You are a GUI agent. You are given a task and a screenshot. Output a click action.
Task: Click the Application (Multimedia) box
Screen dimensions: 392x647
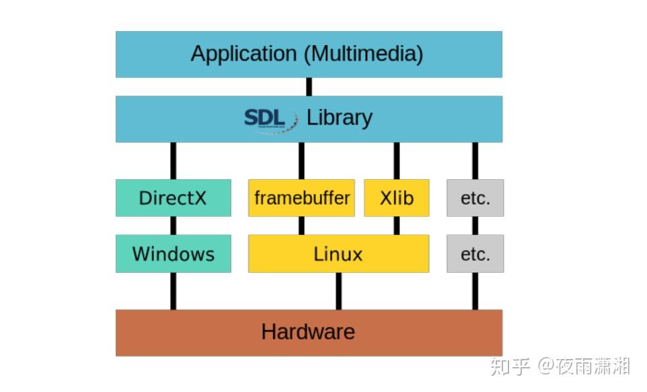pos(309,54)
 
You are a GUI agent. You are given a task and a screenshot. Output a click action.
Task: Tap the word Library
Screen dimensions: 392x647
pos(340,118)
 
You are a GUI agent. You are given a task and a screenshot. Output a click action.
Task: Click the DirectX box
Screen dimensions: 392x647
pos(173,198)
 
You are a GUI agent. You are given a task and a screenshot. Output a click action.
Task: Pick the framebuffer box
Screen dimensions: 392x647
pos(301,198)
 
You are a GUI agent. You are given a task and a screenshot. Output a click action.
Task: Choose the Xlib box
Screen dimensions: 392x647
pos(396,198)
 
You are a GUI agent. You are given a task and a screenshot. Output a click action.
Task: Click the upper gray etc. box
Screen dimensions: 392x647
pos(475,198)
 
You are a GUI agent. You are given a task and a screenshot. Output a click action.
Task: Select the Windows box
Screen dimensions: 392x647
pos(173,254)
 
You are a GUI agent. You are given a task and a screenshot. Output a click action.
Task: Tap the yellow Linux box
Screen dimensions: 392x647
pos(338,254)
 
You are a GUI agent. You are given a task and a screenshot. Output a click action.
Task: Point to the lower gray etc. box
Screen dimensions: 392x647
pos(475,254)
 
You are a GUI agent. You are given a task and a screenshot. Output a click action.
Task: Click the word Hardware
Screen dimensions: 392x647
pos(308,332)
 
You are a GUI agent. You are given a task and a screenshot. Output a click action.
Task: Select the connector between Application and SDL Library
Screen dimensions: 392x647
pos(309,86)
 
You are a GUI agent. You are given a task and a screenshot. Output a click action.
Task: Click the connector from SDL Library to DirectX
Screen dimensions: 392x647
pos(173,160)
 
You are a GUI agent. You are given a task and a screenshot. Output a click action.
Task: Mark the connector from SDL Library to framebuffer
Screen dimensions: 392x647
pos(301,160)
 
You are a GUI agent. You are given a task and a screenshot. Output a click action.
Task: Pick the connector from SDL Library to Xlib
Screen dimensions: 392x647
pos(396,160)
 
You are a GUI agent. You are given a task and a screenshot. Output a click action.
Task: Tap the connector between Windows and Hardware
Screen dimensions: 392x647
pos(173,291)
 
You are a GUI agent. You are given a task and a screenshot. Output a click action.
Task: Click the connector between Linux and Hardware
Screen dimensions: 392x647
pos(338,291)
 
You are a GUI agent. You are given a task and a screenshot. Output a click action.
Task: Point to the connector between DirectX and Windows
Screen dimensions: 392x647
pos(173,226)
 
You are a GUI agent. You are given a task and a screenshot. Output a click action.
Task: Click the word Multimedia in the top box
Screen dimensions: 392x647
pos(363,54)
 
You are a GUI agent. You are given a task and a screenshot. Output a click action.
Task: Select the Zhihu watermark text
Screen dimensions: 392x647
pos(560,366)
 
